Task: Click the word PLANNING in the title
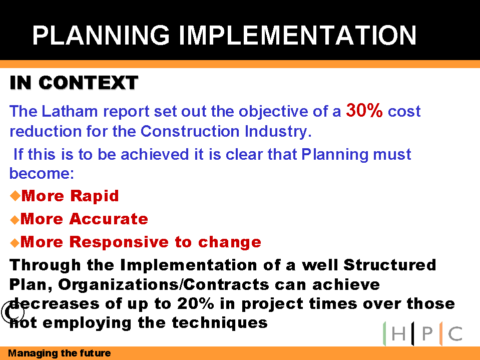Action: [101, 35]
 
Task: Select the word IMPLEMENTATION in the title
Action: [297, 35]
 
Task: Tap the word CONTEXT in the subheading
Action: [89, 83]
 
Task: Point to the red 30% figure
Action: [364, 110]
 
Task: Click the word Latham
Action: [70, 111]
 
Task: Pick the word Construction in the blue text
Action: [190, 131]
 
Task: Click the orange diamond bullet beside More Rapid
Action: [15, 196]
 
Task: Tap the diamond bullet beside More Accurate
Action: [15, 220]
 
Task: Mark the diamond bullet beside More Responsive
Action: [15, 243]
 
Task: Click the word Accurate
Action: [109, 219]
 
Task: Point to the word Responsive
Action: [119, 242]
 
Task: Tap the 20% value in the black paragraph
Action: [196, 304]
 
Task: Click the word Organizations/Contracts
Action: [164, 284]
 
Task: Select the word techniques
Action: [220, 322]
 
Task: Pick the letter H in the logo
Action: [398, 333]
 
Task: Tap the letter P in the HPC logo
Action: [427, 333]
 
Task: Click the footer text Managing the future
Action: [60, 353]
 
